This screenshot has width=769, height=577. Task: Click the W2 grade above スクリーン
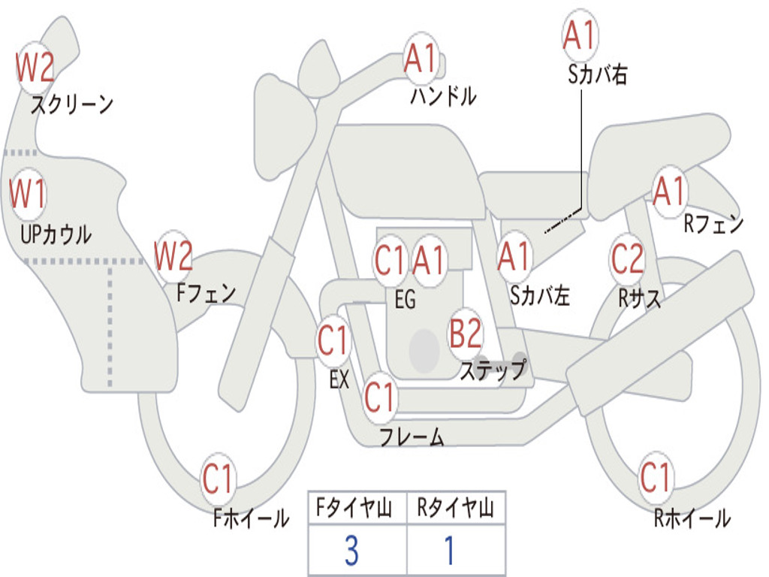tap(35, 68)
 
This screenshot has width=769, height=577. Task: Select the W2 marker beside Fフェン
tap(173, 255)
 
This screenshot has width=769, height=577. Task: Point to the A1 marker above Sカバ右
tap(580, 35)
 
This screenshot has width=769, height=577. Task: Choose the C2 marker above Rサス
tap(627, 258)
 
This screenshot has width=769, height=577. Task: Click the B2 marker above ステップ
tap(466, 333)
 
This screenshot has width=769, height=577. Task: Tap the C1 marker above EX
tap(333, 340)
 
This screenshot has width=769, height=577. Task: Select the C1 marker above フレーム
tap(379, 397)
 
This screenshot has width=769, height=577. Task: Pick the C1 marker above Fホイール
tap(217, 478)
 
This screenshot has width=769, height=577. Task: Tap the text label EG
tap(405, 299)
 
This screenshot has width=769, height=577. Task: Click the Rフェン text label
tap(713, 223)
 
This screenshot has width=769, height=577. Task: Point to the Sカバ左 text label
tap(539, 295)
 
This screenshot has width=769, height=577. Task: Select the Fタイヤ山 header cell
tap(357, 509)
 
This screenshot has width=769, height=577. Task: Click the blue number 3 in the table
tap(351, 551)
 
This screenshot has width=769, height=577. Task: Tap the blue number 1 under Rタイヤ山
tap(449, 551)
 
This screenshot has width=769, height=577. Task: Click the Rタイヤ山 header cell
tap(456, 509)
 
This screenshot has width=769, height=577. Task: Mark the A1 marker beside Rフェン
tap(669, 192)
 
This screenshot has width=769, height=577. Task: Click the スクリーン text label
tap(72, 104)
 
